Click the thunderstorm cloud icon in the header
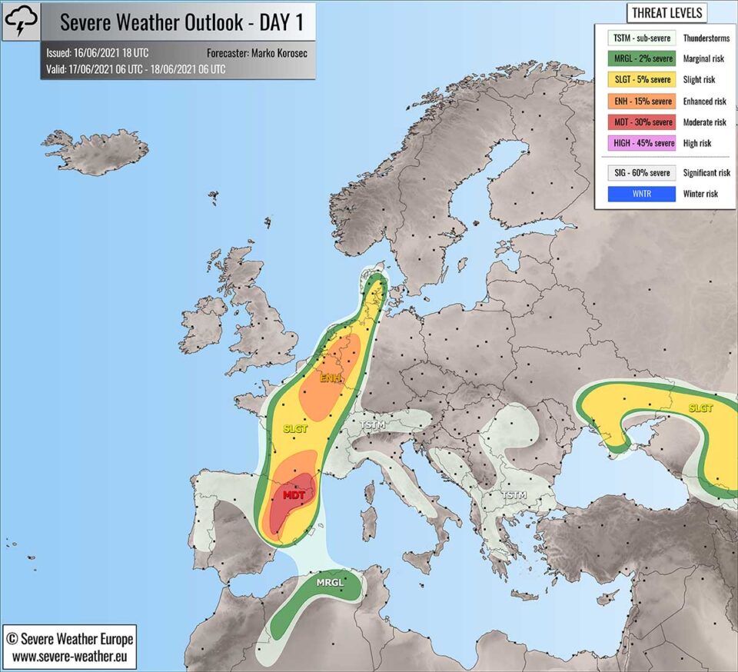pos(20,22)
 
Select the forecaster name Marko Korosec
pos(274,53)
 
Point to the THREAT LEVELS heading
pos(666,13)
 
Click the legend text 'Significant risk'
pos(706,173)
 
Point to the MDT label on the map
pos(294,495)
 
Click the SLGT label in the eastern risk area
pos(700,408)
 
